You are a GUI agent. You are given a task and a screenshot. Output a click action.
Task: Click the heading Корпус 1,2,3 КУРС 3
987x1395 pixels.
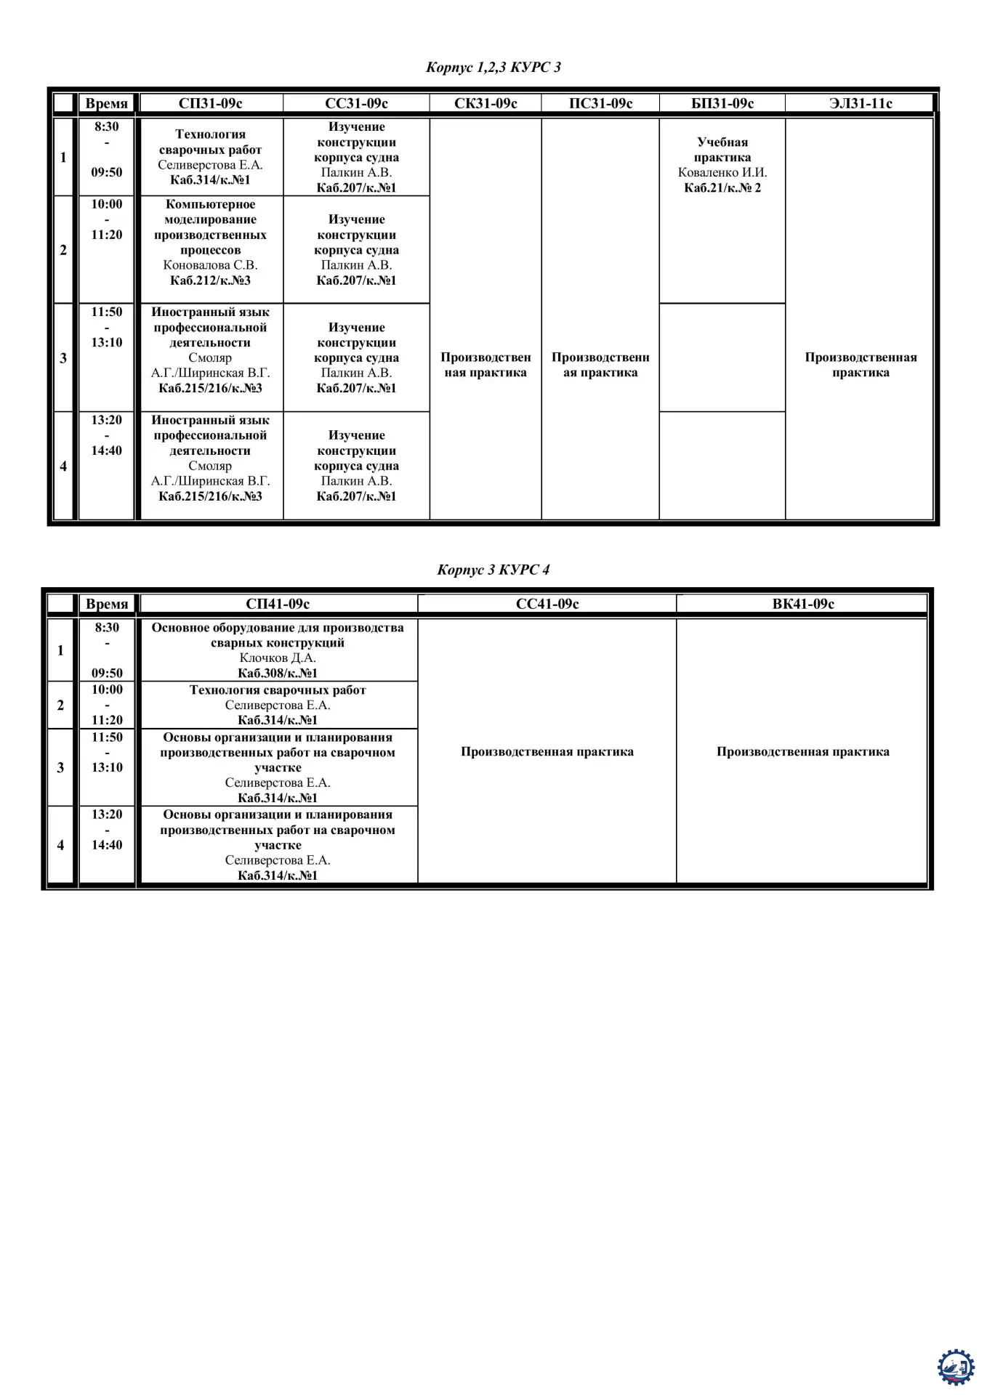tap(493, 68)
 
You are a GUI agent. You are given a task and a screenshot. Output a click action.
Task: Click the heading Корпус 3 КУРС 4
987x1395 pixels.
tap(493, 570)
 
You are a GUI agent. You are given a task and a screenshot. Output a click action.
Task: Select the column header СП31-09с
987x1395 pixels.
tap(210, 103)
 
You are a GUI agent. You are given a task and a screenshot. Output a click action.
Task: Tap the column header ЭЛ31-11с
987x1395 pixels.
tap(861, 103)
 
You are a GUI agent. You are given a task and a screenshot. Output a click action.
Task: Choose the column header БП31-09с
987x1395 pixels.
tap(722, 103)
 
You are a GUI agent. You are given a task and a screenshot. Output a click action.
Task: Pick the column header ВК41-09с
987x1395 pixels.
tap(802, 604)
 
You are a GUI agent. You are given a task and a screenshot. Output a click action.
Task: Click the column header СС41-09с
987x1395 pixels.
tap(547, 604)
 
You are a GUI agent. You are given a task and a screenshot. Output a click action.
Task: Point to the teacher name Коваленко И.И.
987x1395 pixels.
tap(722, 173)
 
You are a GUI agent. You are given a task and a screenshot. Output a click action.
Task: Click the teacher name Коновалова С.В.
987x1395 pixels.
tap(210, 265)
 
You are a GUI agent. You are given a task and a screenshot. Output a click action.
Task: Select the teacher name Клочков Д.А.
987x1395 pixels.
tap(278, 658)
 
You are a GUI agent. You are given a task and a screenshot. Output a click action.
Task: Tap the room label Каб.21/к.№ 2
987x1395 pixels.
tap(722, 188)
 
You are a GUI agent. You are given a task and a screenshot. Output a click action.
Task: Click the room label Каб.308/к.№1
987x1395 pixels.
tap(278, 674)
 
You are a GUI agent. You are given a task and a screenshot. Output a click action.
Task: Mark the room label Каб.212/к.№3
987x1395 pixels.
tap(210, 280)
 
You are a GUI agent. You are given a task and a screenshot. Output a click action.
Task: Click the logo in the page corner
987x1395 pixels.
tap(956, 1367)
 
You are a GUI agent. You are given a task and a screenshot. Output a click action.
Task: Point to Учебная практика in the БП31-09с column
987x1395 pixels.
tap(722, 150)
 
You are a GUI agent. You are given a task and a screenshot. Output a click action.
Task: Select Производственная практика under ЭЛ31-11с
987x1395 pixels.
tap(861, 365)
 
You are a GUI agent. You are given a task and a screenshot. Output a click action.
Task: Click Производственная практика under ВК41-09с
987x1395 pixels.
tap(802, 752)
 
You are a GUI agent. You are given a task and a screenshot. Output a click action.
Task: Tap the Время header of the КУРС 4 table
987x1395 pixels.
tap(107, 604)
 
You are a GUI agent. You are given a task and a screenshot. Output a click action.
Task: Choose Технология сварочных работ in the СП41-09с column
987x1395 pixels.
tap(278, 690)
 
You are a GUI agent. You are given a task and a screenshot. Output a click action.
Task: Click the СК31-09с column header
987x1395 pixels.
tap(486, 103)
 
